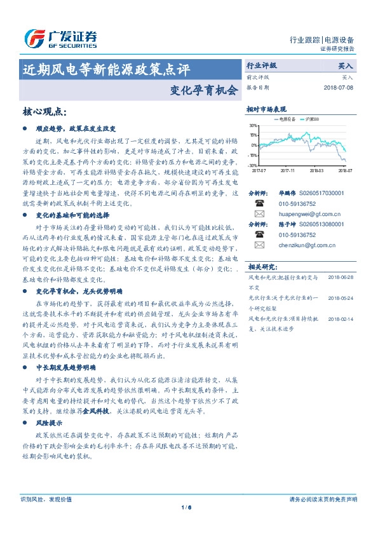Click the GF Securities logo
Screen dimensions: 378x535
click(60, 39)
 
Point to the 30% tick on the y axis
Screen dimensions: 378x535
click(253, 125)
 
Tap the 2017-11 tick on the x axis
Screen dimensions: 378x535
click(288, 170)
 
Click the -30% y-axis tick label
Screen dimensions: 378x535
click(253, 165)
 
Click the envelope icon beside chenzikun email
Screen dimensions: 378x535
click(260, 245)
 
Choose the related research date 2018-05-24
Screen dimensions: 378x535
click(340, 297)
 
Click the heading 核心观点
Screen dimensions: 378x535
click(44, 112)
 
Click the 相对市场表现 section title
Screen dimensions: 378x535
click(267, 110)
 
